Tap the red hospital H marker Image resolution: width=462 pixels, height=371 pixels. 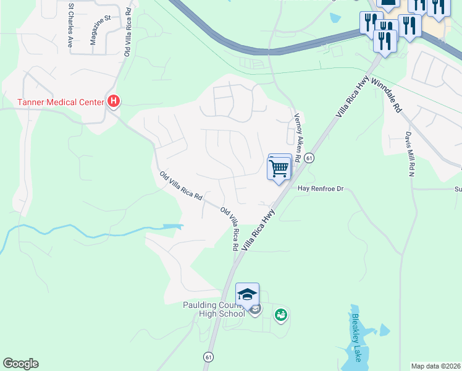coord(113,101)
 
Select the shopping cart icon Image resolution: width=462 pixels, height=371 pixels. coord(279,168)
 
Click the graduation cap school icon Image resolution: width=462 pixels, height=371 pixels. coord(247,294)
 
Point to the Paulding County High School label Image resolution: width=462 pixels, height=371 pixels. coord(214,309)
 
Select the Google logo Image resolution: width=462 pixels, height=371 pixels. coord(20,364)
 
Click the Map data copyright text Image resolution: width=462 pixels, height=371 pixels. coord(436,366)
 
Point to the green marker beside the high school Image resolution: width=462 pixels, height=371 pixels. coord(281,315)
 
